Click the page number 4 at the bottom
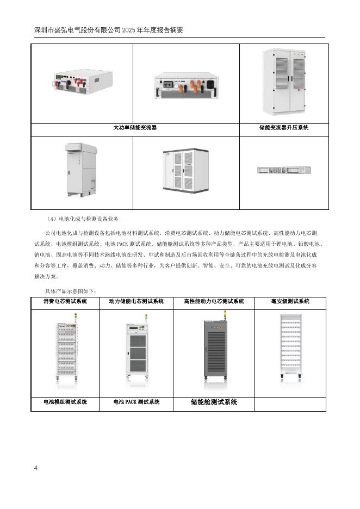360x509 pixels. point(36,468)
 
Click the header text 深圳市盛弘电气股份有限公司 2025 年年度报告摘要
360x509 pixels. point(109,30)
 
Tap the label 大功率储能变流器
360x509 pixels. point(135,128)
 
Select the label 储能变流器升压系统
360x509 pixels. point(284,128)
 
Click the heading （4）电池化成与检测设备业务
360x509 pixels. point(82,219)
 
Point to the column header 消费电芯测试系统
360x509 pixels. point(65,301)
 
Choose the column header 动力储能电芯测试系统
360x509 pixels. point(136,301)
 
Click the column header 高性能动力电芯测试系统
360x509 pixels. point(214,301)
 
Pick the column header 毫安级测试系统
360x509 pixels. point(290,301)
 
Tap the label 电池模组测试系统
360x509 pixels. point(65,402)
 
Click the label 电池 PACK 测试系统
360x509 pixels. point(136,402)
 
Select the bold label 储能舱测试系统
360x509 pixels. point(214,402)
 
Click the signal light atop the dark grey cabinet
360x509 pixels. point(225,315)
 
